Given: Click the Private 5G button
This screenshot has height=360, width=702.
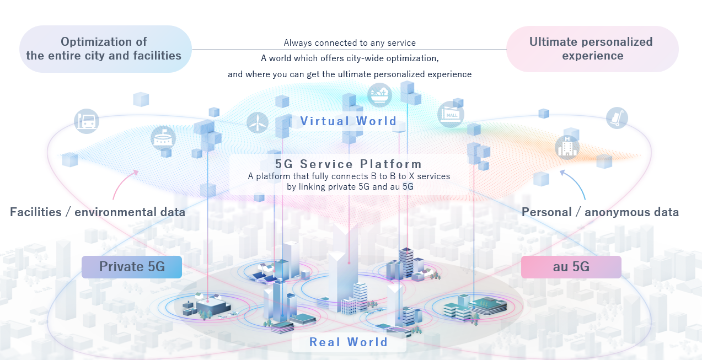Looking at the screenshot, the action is coord(132,267).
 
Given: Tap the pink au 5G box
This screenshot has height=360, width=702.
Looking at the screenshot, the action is coord(571,267).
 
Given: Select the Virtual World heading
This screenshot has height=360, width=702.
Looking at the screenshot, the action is coord(349,121).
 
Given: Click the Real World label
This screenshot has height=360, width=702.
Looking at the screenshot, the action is coord(349,342).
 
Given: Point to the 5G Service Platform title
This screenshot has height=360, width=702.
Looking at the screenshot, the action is coord(349,164).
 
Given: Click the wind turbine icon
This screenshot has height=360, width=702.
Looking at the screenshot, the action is coord(258,122).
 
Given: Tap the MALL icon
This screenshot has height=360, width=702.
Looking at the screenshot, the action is coord(451,114).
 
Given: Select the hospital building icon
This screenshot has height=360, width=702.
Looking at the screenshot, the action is coord(567,147).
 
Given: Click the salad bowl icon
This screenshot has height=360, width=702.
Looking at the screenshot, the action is coord(379,95).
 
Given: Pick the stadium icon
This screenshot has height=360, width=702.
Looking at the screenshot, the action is coord(163,138).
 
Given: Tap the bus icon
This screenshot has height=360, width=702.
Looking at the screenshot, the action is coord(87,121).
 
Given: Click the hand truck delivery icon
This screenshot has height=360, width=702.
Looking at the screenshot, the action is coord(617,118).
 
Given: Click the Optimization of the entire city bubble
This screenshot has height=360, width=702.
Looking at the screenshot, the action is coord(105,49).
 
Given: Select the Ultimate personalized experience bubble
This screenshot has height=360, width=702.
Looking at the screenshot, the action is coord(592,49).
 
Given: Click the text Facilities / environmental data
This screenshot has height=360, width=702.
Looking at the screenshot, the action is coord(98,212).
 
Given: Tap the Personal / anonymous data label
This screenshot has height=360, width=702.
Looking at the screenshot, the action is coord(600,212).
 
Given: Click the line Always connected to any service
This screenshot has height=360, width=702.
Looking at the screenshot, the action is coord(350,43).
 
